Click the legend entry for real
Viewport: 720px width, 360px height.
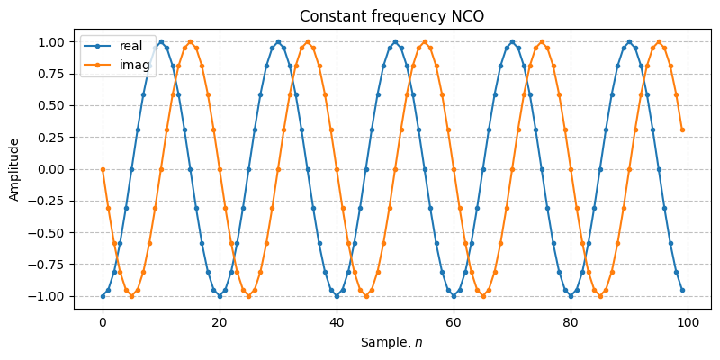pos(130,47)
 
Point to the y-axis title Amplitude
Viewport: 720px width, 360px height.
pos(14,169)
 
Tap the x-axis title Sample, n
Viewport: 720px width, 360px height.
pos(392,342)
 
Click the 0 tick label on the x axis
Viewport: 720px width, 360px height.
pos(103,322)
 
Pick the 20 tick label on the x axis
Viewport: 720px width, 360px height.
pos(220,322)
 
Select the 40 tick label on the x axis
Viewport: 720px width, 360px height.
pos(337,322)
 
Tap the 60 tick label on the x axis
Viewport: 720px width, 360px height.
pos(454,322)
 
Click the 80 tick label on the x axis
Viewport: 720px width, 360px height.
pos(571,322)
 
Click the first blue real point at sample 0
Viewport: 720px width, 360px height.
pos(103,296)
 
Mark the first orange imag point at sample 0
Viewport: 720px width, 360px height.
pos(103,169)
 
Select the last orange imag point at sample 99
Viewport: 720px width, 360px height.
pos(682,130)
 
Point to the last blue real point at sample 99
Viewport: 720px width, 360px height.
pos(682,290)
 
